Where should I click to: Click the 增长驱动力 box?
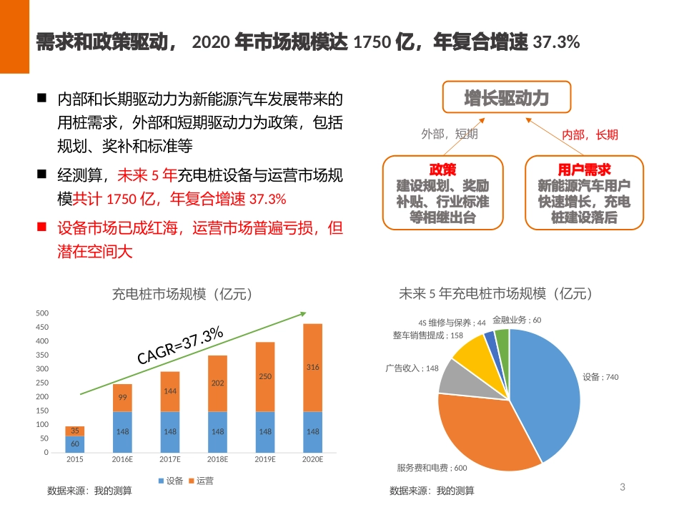pyautogui.click(x=506, y=97)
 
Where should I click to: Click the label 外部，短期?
pyautogui.click(x=450, y=134)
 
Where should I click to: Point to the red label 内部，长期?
pyautogui.click(x=590, y=134)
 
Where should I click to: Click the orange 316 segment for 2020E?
pyautogui.click(x=312, y=368)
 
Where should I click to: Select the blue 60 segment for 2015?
pyautogui.click(x=75, y=444)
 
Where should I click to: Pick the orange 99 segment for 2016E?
pyautogui.click(x=122, y=398)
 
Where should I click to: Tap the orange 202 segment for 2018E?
pyautogui.click(x=217, y=383)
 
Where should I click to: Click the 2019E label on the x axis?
pyautogui.click(x=265, y=459)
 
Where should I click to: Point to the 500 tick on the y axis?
pyautogui.click(x=42, y=313)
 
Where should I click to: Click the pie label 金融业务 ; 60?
pyautogui.click(x=517, y=320)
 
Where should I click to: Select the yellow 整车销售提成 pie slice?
pyautogui.click(x=472, y=350)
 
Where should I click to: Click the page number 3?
pyautogui.click(x=622, y=487)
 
